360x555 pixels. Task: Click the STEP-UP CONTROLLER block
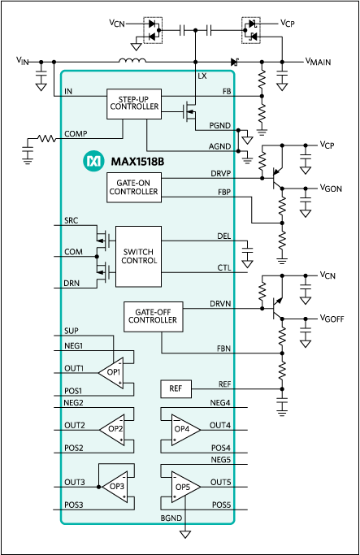coord(133,104)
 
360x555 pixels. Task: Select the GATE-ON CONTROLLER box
coord(133,188)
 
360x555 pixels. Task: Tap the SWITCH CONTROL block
coord(138,256)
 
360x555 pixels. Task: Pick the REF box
coord(175,389)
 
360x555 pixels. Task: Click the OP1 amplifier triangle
coord(112,372)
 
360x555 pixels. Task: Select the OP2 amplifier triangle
coord(113,428)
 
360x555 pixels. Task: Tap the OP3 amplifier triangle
coord(115,486)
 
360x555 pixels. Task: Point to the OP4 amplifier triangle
coord(184,429)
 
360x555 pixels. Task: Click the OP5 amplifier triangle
coord(184,487)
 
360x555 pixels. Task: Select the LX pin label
coord(202,76)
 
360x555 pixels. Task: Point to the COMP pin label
coord(75,134)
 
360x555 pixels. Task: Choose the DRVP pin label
coord(220,173)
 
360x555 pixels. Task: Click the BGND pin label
coord(171,517)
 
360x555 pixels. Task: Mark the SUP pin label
coord(72,331)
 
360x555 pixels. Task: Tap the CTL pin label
coord(224,267)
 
